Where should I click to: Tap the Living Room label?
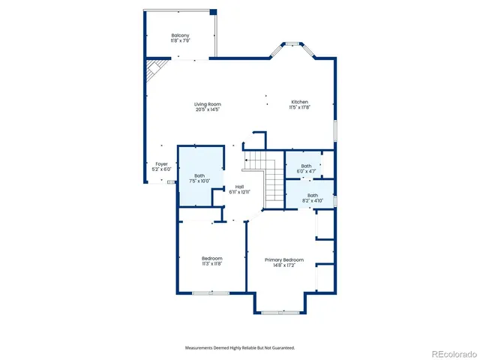208,104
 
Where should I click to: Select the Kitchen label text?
300,102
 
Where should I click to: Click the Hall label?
239,187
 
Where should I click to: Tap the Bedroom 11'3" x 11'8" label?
211,261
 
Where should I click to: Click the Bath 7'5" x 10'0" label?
199,178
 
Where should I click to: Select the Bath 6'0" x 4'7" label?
306,169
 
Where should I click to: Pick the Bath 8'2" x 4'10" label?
312,198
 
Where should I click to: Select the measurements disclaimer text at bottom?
240,348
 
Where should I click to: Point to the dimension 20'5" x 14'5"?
208,110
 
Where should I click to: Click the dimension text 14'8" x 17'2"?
284,265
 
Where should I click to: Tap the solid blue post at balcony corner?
213,12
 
